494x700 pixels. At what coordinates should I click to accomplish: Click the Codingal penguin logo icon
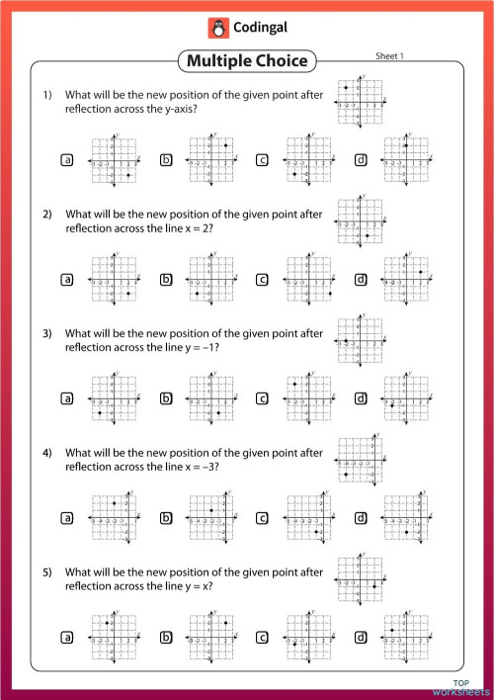[216, 28]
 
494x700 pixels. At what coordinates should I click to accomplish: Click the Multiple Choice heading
[247, 62]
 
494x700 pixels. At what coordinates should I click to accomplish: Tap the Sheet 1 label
[389, 56]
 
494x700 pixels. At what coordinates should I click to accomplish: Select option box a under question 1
[67, 159]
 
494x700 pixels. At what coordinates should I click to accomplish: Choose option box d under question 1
[361, 159]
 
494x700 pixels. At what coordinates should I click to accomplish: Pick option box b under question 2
[166, 280]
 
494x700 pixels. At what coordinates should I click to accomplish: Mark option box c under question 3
[263, 398]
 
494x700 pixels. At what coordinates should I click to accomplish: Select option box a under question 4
[67, 517]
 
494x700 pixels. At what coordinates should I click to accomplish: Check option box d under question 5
[361, 636]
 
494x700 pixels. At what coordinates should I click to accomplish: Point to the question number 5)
[47, 571]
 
